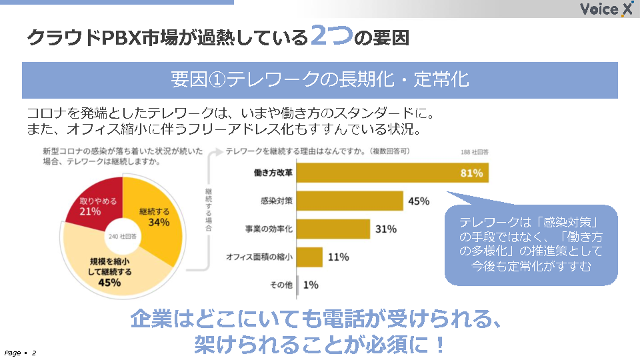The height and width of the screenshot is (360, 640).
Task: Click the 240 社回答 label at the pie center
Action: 123,236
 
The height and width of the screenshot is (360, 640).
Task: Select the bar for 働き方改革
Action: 393,173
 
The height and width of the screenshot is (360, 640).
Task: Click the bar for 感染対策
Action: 350,201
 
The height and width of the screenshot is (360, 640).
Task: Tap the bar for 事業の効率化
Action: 333,229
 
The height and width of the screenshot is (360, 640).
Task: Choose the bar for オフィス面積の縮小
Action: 310,257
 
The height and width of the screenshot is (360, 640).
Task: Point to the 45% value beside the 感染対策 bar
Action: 419,201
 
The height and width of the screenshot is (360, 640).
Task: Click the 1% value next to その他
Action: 311,285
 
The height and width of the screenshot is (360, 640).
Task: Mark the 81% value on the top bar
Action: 471,173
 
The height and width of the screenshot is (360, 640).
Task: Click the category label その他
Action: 281,285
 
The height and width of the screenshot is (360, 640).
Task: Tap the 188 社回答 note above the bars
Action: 475,153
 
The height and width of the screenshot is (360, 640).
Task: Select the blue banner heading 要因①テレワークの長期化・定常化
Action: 320,80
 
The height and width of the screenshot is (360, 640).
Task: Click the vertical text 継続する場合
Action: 209,210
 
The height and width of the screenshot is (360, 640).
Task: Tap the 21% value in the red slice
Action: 90,211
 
